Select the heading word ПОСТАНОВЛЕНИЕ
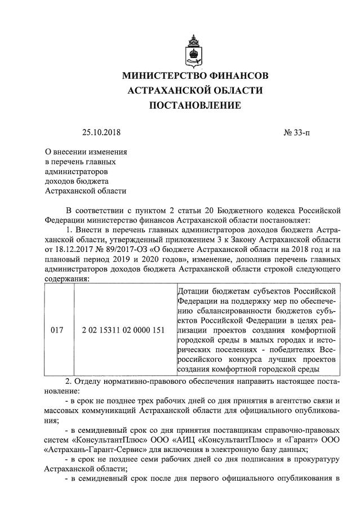(x=195, y=105)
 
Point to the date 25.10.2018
(x=101, y=133)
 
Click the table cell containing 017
(x=57, y=330)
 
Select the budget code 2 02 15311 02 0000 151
(x=123, y=330)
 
